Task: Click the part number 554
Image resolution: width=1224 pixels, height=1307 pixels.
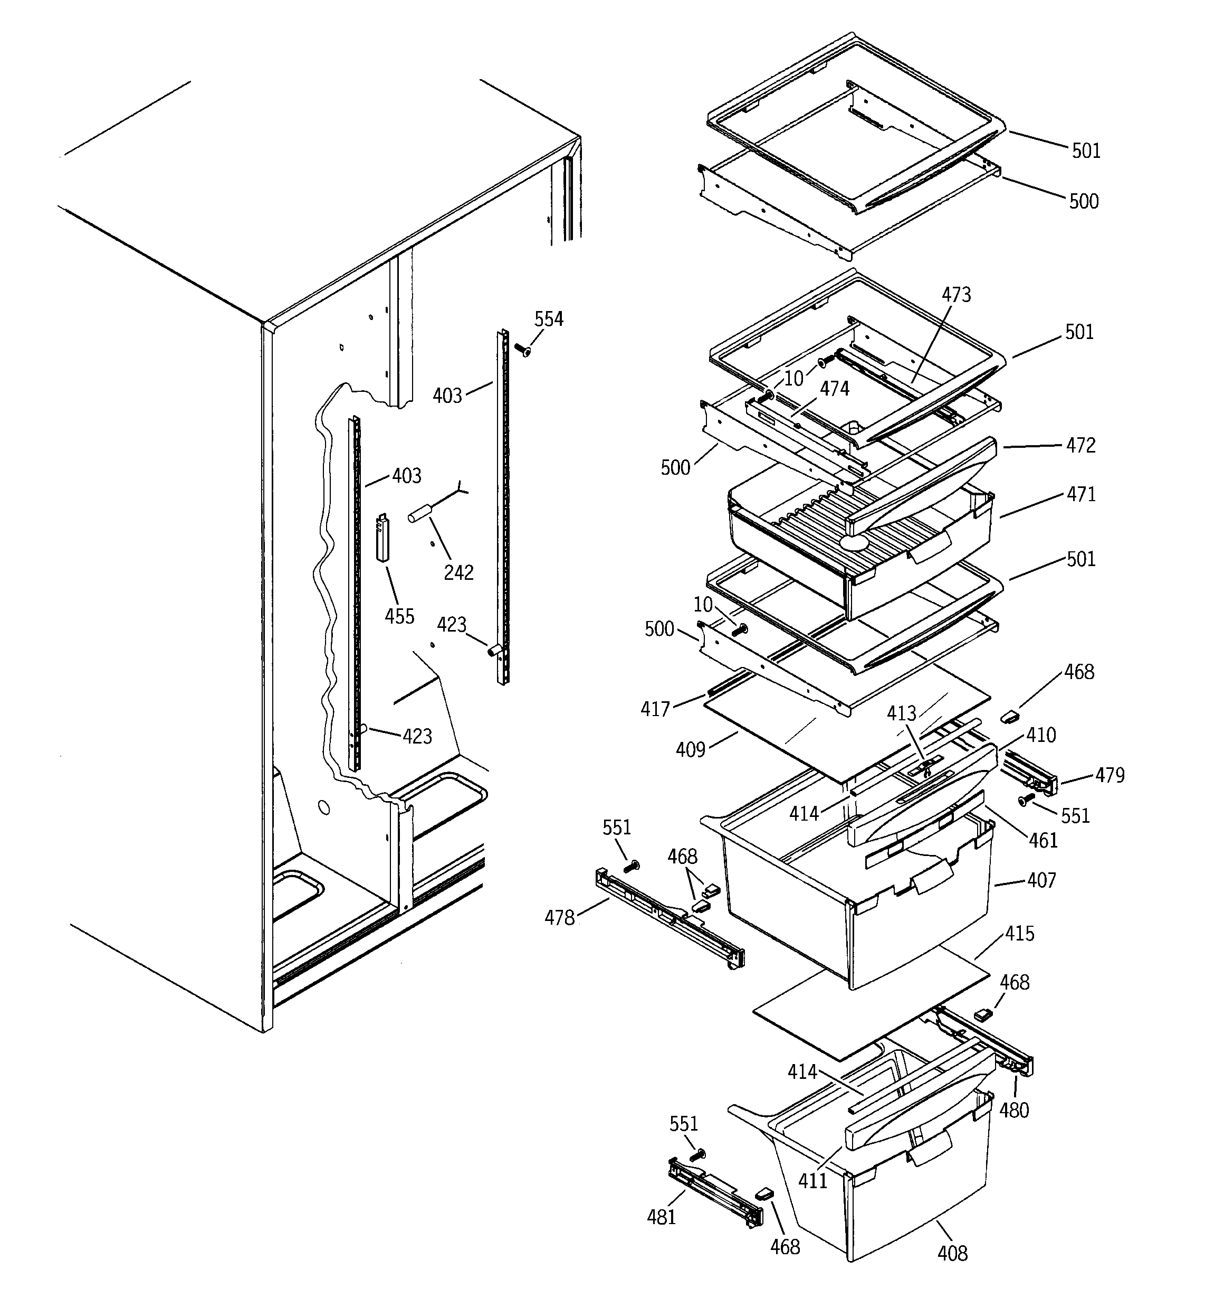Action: pos(548,319)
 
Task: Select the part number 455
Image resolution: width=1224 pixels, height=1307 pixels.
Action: pos(399,616)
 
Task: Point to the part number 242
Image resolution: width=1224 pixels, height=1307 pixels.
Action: pos(458,572)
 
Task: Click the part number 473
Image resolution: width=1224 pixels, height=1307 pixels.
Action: pos(956,295)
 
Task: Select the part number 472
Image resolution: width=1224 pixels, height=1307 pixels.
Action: pos(1081,445)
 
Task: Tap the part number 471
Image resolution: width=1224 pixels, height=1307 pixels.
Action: pos(1081,494)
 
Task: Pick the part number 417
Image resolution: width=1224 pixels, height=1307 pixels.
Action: pos(655,709)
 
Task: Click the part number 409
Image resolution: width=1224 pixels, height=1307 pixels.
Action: pos(691,749)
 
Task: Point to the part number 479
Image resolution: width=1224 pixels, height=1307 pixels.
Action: pos(1110,776)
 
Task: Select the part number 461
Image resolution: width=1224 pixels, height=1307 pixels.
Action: pos(1044,840)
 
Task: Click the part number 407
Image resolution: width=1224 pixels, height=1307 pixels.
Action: pos(1042,880)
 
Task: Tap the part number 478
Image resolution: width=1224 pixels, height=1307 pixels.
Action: pos(560,918)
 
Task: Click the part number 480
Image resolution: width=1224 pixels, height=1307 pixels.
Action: pos(1014,1111)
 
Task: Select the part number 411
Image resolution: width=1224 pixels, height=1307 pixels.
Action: pos(812,1181)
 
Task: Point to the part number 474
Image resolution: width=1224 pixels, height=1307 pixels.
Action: pos(835,389)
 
